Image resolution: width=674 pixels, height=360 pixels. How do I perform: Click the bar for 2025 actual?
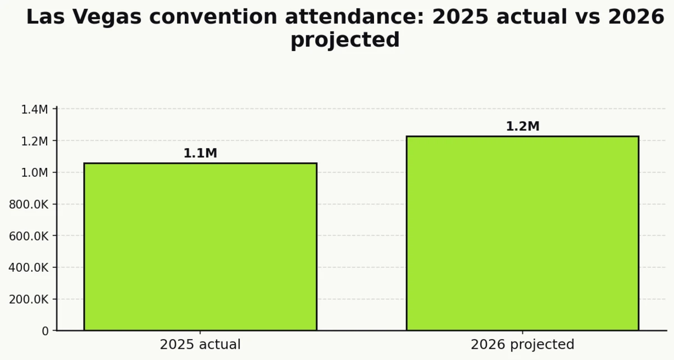tap(200, 247)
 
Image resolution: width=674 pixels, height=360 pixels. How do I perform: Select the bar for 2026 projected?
tap(522, 233)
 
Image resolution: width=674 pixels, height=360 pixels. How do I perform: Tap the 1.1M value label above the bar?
tap(200, 153)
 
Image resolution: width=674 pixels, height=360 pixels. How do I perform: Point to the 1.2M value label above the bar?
tap(522, 126)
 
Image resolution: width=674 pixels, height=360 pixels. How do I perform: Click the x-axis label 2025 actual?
tap(200, 344)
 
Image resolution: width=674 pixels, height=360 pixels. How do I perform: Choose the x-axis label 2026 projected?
tap(522, 344)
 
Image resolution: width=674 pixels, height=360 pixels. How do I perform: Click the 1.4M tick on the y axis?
tap(34, 110)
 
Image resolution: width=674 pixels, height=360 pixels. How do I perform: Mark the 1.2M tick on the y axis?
tap(34, 141)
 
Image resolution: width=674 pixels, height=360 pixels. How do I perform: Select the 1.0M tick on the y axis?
tap(34, 172)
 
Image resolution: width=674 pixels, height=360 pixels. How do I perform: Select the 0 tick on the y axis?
tap(45, 331)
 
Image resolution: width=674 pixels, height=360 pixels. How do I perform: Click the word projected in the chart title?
tap(345, 40)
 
